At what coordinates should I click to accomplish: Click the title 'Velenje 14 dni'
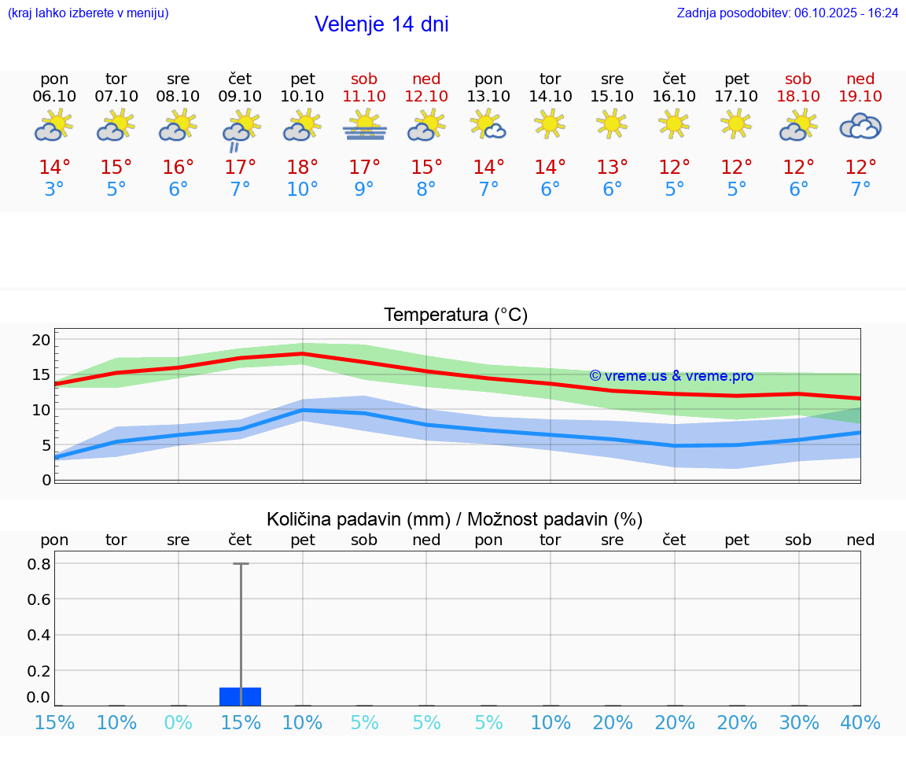click(x=381, y=24)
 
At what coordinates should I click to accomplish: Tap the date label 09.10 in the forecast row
click(x=240, y=96)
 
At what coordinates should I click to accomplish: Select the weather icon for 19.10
click(x=860, y=126)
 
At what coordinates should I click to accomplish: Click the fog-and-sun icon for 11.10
click(x=364, y=126)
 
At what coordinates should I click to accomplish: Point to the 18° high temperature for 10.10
click(x=303, y=168)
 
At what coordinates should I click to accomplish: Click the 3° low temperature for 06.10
click(x=54, y=189)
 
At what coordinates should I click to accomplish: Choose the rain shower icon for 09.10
click(x=240, y=129)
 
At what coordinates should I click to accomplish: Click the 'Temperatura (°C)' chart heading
click(x=455, y=315)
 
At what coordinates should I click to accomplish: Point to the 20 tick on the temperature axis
click(x=41, y=340)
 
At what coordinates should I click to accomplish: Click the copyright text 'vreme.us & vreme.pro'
click(x=671, y=376)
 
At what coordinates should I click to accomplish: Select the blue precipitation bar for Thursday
click(x=240, y=696)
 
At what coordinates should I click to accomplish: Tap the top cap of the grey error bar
click(x=241, y=563)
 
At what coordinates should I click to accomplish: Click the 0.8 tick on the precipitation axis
click(x=39, y=564)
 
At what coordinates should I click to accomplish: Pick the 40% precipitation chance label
click(x=860, y=723)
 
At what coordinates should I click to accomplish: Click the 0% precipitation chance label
click(x=179, y=723)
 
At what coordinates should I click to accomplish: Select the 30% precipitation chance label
click(x=799, y=723)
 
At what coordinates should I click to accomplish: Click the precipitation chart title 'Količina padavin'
click(x=455, y=519)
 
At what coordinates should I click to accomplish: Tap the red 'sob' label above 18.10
click(x=798, y=79)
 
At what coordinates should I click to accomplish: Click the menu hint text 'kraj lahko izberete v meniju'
click(x=88, y=13)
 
